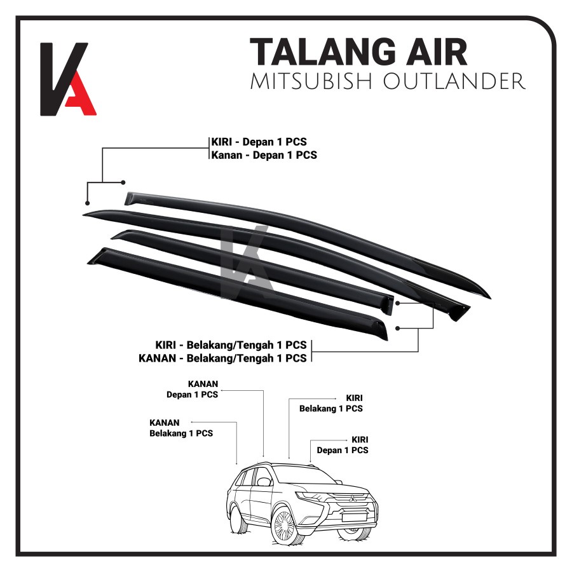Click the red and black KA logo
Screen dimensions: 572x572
point(67,79)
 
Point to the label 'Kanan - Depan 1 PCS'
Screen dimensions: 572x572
point(264,155)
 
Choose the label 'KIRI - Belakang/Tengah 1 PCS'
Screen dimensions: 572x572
point(231,345)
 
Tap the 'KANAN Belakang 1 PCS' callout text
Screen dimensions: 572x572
point(181,428)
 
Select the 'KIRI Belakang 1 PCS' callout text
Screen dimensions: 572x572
point(331,403)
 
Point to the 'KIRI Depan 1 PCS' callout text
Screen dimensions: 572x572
point(343,445)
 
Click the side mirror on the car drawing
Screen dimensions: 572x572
point(264,481)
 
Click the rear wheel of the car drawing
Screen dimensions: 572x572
point(239,519)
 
